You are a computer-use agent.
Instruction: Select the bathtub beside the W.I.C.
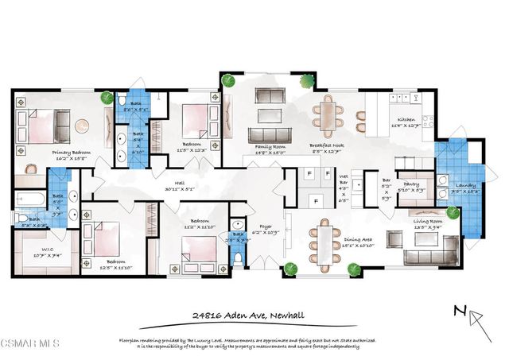click(x=29, y=199)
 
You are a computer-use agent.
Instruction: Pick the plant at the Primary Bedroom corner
click(x=107, y=98)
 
